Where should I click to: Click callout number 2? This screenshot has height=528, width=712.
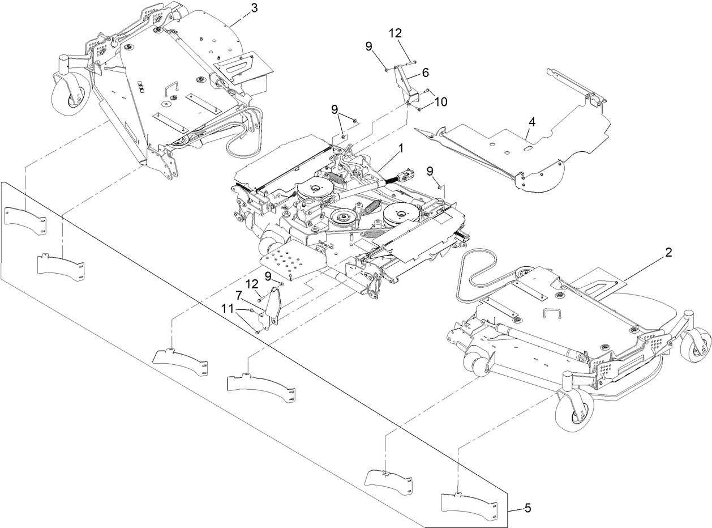point(668,253)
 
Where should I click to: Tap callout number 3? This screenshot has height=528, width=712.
point(254,8)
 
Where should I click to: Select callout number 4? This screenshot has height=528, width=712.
point(531,121)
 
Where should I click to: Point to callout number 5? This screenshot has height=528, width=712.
point(527,508)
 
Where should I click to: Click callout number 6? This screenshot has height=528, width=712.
point(425,72)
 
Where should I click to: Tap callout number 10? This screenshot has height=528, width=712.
point(440,101)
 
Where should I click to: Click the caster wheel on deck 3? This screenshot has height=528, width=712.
point(71,99)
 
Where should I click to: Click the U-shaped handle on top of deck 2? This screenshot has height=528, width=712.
point(550,314)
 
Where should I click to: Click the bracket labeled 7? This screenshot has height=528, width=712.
point(273,306)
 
